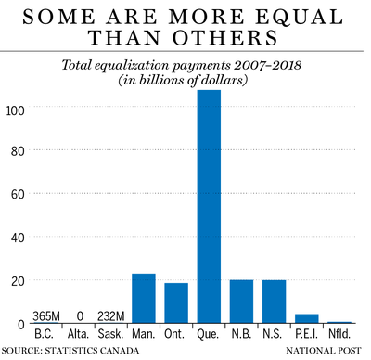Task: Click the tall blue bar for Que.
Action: click(209, 207)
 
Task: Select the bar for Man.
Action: click(144, 299)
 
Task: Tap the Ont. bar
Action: click(176, 303)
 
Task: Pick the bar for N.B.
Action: click(241, 302)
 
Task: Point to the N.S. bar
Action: click(275, 302)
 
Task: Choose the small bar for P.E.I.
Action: click(307, 318)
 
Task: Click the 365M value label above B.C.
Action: click(46, 316)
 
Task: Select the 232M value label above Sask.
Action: click(111, 316)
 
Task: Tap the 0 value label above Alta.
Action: click(80, 316)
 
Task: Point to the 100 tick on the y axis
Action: click(16, 110)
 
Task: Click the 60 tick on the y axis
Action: click(18, 194)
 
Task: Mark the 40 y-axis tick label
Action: click(18, 238)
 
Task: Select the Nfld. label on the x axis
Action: click(339, 334)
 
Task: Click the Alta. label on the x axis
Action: click(78, 334)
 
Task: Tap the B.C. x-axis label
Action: click(44, 334)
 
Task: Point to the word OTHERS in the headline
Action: click(225, 38)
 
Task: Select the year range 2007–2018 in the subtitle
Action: click(268, 65)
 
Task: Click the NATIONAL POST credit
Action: click(324, 351)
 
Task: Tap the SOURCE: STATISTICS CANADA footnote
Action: click(70, 351)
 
